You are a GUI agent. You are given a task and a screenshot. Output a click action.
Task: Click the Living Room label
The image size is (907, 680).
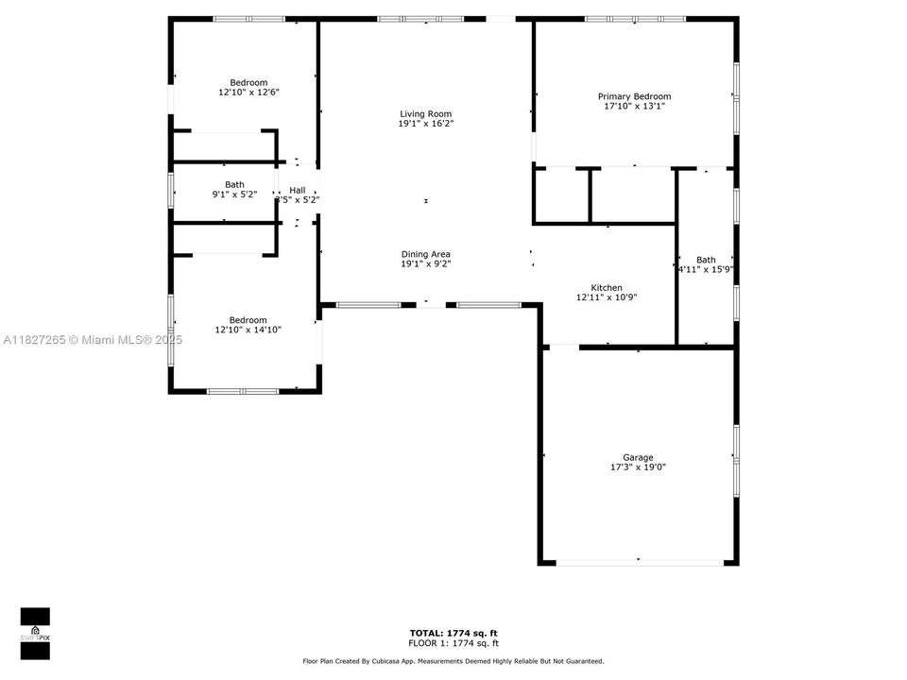(425, 114)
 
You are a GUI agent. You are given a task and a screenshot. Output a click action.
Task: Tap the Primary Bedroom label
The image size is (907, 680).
(634, 96)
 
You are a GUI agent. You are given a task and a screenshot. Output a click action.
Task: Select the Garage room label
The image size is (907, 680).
(638, 457)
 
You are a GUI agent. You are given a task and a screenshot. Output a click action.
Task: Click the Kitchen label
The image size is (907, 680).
(607, 287)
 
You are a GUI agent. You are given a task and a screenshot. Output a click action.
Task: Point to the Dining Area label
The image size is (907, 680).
(425, 254)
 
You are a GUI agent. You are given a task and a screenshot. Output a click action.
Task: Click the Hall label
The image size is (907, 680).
(298, 190)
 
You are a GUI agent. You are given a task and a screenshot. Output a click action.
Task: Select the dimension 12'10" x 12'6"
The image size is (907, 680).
(248, 93)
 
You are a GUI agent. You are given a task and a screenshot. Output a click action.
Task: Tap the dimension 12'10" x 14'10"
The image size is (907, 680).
(248, 330)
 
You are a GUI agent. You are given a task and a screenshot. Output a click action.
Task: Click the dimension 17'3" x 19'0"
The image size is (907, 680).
(638, 467)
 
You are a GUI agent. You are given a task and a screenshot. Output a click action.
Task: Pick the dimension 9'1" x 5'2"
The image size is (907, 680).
(234, 195)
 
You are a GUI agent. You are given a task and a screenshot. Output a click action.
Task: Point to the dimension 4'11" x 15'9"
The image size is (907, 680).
(707, 270)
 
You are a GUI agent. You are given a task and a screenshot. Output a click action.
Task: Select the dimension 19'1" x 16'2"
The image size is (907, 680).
(425, 124)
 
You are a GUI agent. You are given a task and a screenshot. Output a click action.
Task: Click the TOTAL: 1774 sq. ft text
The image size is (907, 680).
(453, 633)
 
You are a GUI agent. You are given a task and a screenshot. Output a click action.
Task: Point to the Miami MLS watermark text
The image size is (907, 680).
(90, 340)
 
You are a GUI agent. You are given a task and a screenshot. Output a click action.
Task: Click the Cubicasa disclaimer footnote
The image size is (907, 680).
(453, 661)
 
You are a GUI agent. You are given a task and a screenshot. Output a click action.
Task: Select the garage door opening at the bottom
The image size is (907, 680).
(638, 563)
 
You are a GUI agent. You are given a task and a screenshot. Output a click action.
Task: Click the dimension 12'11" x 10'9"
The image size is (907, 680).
(607, 297)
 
